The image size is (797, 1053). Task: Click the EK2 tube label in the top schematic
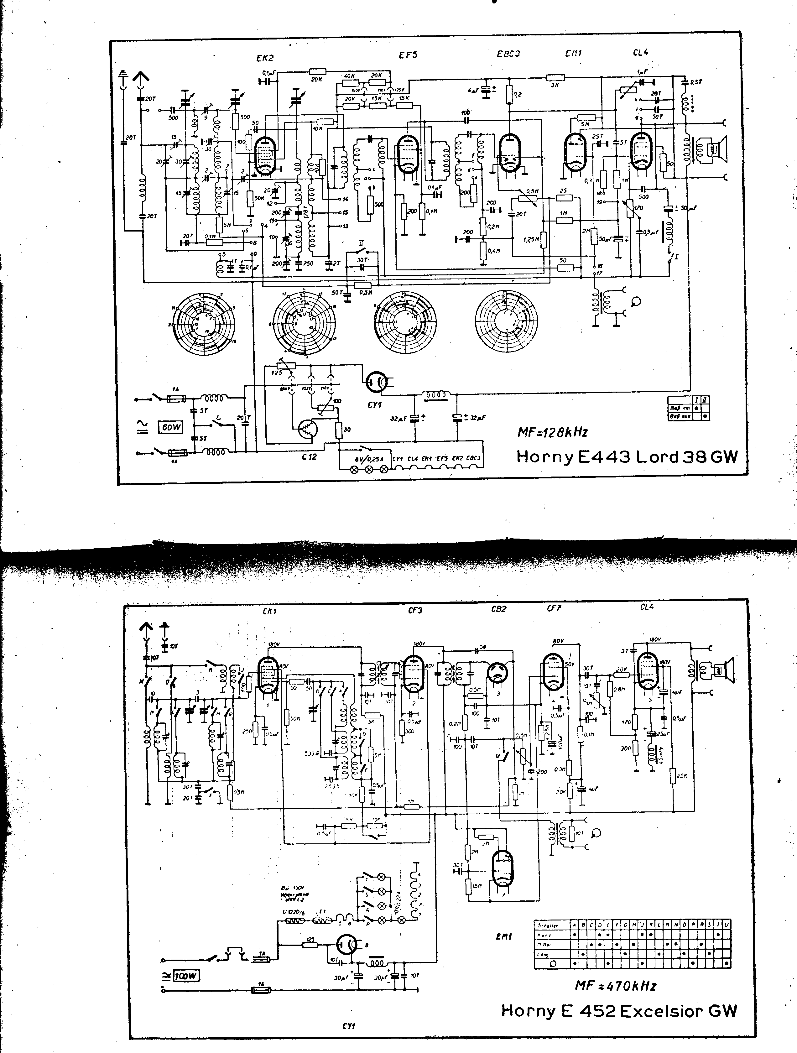pos(265,58)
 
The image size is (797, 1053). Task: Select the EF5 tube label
pos(408,55)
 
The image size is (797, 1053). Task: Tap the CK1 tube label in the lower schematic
pos(269,611)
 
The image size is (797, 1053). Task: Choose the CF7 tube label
pos(554,608)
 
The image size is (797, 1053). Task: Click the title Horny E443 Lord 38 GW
pos(627,457)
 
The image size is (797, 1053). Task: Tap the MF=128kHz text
pos(553,432)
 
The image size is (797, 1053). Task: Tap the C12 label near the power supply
pos(309,456)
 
